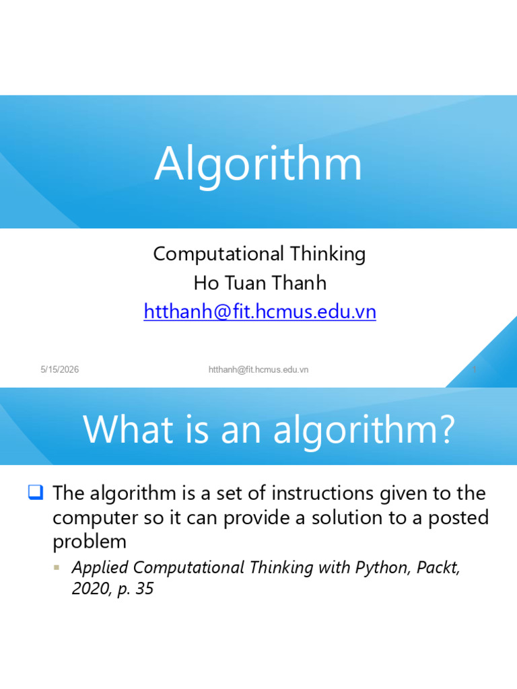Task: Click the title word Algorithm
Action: tap(258, 164)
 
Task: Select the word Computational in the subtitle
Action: tap(219, 254)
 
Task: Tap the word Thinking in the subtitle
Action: tap(328, 254)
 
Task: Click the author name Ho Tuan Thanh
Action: tap(260, 283)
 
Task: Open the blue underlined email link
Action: tap(260, 312)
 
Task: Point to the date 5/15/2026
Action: tap(60, 369)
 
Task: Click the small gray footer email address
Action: tap(258, 369)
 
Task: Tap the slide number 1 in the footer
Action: tap(475, 369)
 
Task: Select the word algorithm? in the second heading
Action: tap(364, 431)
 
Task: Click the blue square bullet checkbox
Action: tap(36, 492)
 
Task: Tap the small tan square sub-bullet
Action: tap(57, 567)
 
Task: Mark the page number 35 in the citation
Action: tap(145, 589)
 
